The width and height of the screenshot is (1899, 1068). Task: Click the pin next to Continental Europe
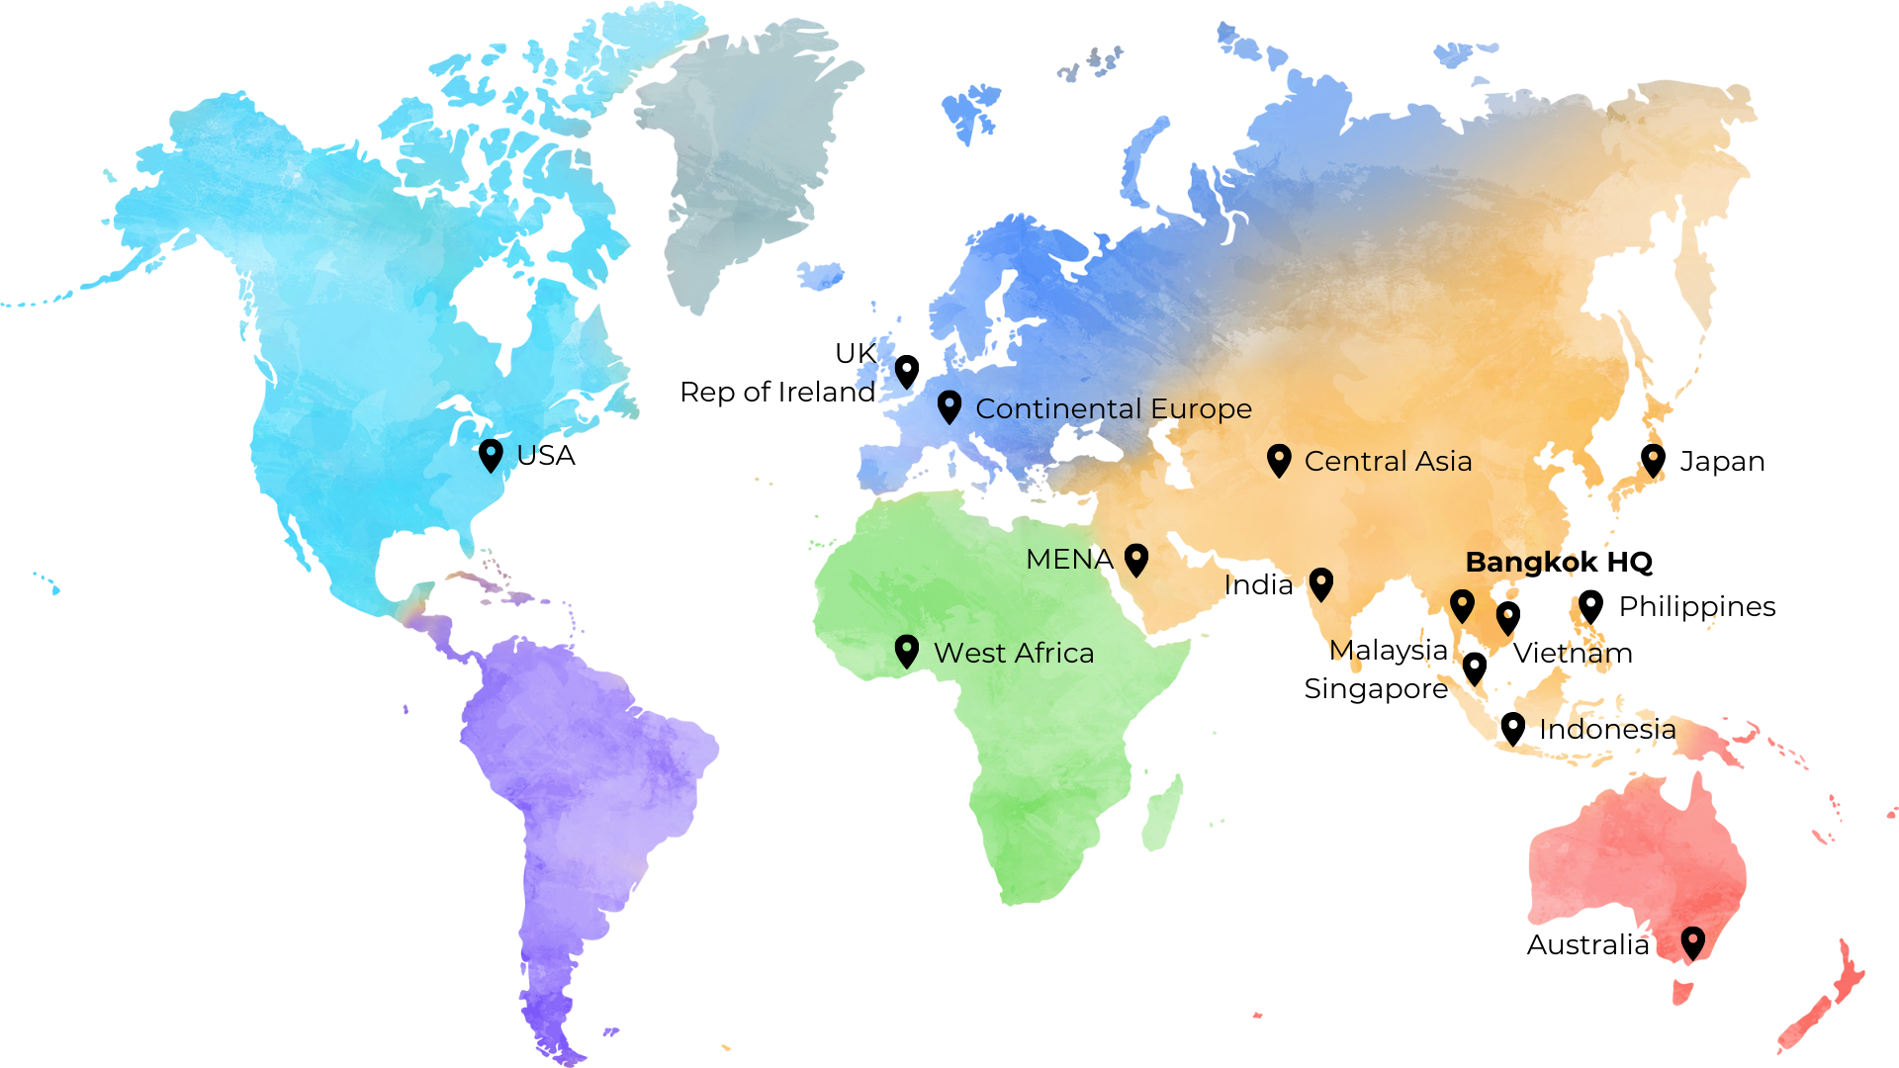pos(949,405)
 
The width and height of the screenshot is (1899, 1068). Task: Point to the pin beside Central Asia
pos(1279,459)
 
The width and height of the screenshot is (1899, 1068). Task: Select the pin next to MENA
pos(1136,559)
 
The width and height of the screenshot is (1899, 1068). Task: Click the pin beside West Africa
pos(906,651)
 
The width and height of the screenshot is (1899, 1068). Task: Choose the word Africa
pos(1054,653)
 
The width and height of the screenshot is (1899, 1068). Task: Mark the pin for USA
pos(491,455)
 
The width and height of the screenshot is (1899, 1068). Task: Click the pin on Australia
pos(1693,941)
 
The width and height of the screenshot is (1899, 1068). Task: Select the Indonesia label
pos(1607,731)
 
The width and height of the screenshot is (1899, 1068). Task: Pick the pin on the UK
pos(907,371)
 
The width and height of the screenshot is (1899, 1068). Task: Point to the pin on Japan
pos(1653,459)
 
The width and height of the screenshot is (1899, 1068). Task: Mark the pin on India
pos(1321,582)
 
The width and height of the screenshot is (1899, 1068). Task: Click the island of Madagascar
pos(1162,811)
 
